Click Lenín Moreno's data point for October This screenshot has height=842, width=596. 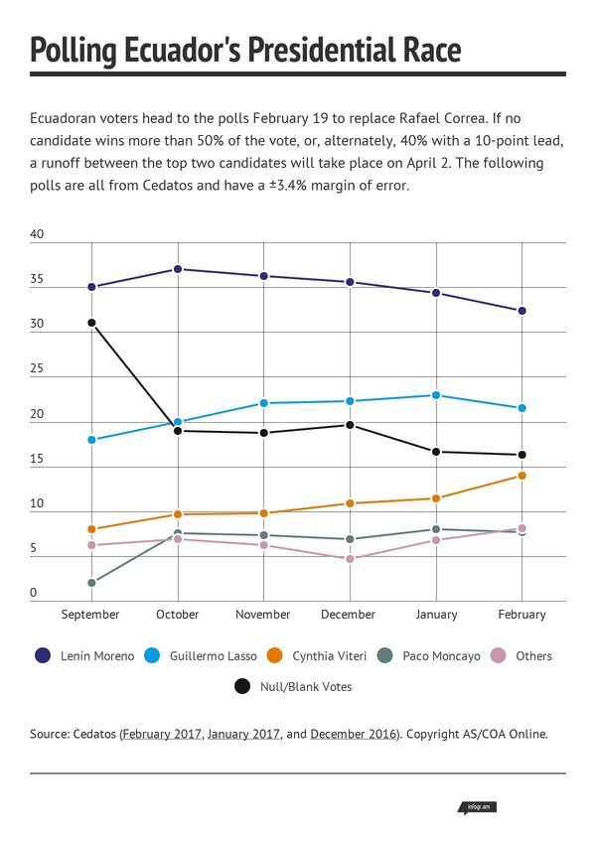pos(178,269)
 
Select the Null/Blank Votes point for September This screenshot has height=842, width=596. pos(91,323)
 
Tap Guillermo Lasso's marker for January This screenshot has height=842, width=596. pos(436,395)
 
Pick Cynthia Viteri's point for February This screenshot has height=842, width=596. pos(522,476)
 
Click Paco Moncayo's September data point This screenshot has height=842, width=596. pos(91,583)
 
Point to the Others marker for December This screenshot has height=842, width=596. pos(350,559)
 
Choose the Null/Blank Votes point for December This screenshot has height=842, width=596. pos(350,425)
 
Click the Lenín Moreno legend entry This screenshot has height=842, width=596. pos(83,655)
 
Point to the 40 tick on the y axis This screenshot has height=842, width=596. pos(38,235)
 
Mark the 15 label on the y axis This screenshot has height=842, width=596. pos(38,460)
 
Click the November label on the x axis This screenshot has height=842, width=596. pos(263,615)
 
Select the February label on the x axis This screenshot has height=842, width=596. pos(522,615)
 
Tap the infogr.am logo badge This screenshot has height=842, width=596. pos(476,807)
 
